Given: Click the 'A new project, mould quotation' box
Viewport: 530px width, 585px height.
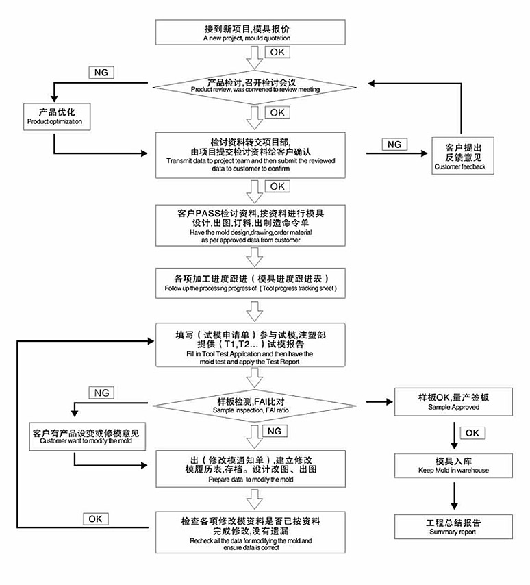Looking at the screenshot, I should [x=254, y=32].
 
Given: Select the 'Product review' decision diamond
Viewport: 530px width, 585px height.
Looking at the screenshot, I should [x=254, y=86].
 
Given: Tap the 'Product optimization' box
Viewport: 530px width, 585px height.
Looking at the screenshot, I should [x=54, y=116].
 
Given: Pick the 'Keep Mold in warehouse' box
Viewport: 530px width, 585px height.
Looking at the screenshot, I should [x=453, y=465].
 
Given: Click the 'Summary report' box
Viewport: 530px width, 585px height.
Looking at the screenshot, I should [x=453, y=526].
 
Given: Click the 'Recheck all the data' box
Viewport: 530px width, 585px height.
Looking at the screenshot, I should [x=251, y=532].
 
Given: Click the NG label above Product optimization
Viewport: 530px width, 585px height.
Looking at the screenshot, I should [x=101, y=73].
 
